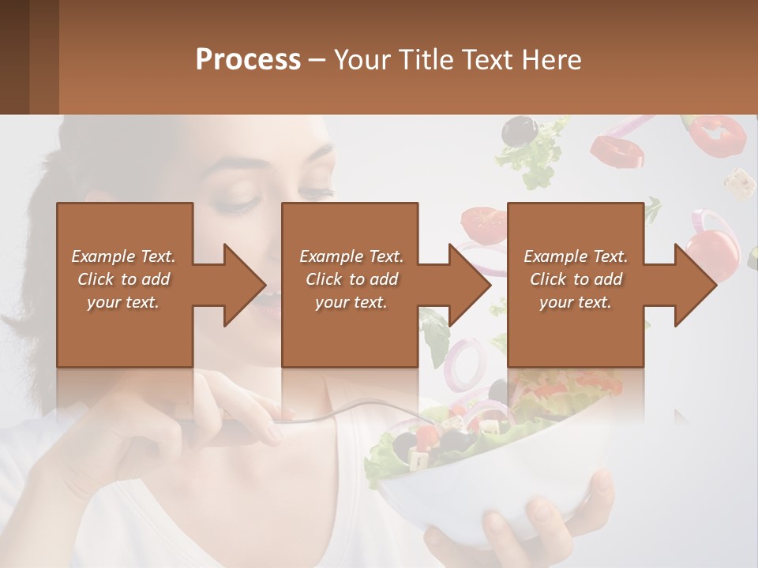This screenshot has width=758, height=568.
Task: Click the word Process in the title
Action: pyautogui.click(x=248, y=60)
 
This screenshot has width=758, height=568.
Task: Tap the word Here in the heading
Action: pyautogui.click(x=552, y=60)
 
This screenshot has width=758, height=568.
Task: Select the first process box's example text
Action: pyautogui.click(x=123, y=279)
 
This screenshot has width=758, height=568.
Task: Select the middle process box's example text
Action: pyautogui.click(x=351, y=279)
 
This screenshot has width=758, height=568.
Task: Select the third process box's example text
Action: pyautogui.click(x=576, y=279)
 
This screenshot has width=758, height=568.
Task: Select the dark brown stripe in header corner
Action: pyautogui.click(x=14, y=57)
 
